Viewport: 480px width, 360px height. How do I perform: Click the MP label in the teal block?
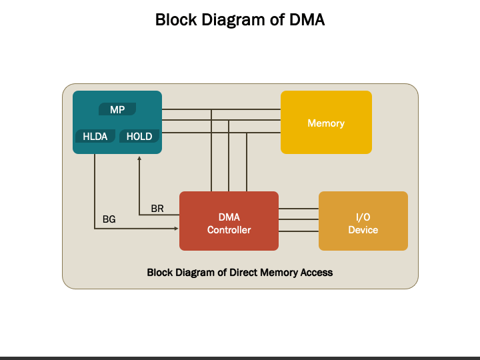(117, 109)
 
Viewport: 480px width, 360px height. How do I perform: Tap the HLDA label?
(95, 136)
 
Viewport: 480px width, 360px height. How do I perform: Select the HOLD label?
(139, 136)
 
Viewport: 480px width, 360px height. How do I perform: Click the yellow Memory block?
(326, 122)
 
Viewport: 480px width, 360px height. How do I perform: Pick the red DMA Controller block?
(229, 221)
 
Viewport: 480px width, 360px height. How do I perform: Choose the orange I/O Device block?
(363, 221)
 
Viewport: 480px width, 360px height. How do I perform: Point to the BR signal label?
(157, 209)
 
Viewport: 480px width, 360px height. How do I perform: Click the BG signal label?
(109, 219)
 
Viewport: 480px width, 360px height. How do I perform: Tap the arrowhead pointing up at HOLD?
(139, 158)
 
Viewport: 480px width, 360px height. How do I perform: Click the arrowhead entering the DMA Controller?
(176, 229)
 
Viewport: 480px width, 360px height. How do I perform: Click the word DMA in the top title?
(307, 20)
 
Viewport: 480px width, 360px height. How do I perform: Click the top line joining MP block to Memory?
(221, 109)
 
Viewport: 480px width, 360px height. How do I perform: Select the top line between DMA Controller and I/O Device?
(299, 209)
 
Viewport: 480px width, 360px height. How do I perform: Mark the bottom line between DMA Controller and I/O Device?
(299, 231)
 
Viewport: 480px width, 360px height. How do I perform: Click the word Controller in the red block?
(229, 230)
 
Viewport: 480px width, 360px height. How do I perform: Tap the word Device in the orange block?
(363, 230)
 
